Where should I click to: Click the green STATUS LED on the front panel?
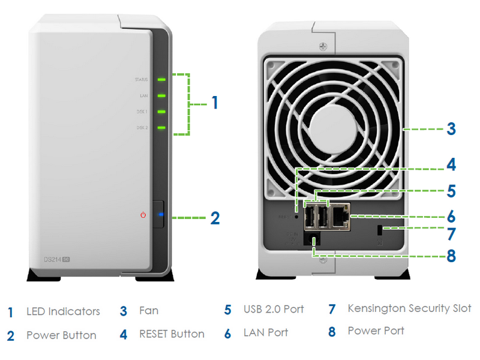[x=161, y=79]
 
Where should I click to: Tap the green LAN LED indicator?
[x=161, y=95]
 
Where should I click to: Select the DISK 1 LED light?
[x=161, y=111]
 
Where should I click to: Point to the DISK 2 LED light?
[x=161, y=127]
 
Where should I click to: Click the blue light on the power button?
[x=160, y=214]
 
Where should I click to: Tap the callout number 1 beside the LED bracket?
[x=214, y=103]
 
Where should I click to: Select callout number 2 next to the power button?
[x=215, y=218]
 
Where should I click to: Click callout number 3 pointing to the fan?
[x=451, y=128]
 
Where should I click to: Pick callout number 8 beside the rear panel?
[x=450, y=256]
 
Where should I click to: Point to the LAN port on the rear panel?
[x=340, y=217]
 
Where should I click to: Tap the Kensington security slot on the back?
[x=379, y=230]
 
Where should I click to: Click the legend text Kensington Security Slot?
[x=409, y=308]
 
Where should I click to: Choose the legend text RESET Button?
[x=172, y=334]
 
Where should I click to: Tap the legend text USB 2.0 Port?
[x=274, y=310]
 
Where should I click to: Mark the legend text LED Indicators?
[x=63, y=312]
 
